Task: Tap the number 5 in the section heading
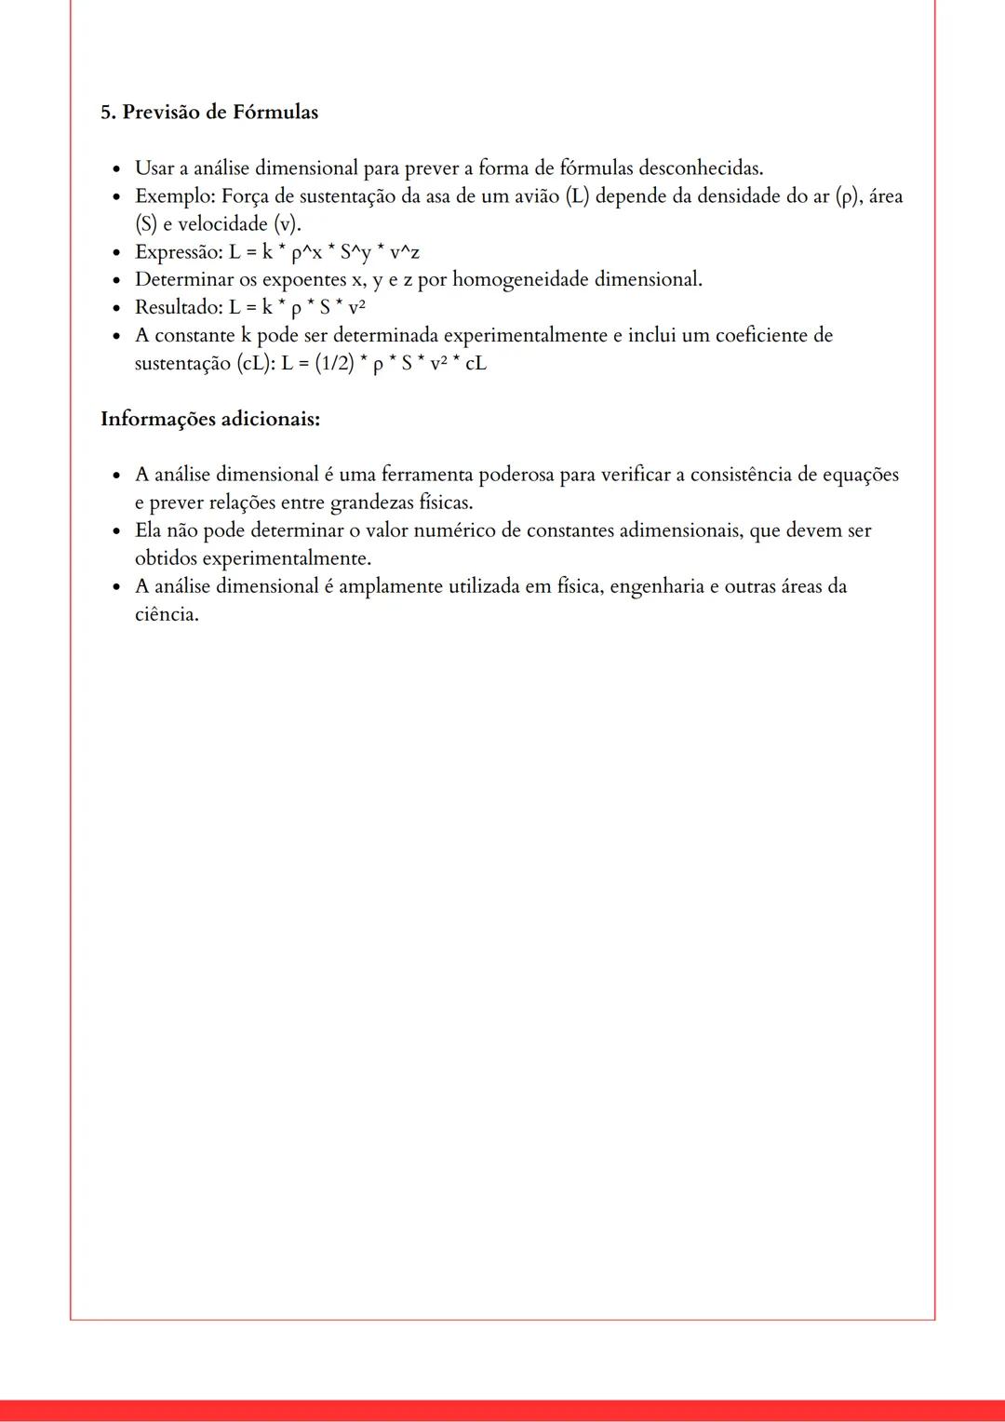click(x=106, y=113)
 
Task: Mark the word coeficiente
click(x=763, y=335)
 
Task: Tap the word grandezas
click(x=370, y=503)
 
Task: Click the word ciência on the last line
click(x=167, y=614)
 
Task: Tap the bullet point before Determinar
click(x=116, y=280)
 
